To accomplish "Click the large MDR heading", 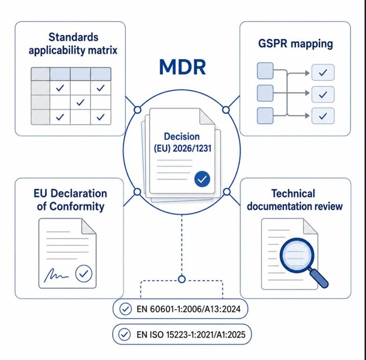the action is (183, 67).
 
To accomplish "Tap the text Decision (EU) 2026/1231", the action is (183, 142).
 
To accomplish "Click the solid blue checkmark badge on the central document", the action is (202, 179).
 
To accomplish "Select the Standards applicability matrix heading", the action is (73, 44).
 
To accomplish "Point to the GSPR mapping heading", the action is (296, 44).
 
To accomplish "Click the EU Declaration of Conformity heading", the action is (70, 200).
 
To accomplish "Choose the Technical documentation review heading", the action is (295, 200).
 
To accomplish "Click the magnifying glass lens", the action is (297, 255).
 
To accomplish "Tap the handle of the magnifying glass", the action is (319, 278).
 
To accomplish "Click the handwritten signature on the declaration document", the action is (56, 275).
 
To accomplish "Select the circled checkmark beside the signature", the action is (84, 274).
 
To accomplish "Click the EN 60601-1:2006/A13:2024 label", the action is (189, 309).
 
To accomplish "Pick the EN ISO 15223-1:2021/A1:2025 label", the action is (191, 334).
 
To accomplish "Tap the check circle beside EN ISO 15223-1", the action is (124, 334).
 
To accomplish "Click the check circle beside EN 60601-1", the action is (126, 309).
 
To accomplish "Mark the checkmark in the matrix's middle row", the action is (80, 102).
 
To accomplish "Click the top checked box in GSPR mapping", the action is (323, 72).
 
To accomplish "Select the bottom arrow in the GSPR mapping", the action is (298, 116).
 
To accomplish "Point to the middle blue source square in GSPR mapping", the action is (265, 93).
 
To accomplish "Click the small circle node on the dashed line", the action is (182, 279).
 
